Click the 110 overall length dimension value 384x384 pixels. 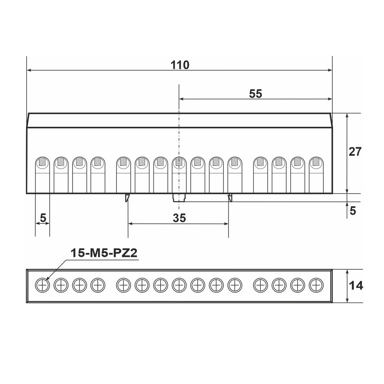point(180,65)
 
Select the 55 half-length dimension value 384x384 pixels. point(255,94)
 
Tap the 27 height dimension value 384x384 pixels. point(355,152)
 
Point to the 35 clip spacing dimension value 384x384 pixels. point(179,218)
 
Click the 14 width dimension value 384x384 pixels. point(356,286)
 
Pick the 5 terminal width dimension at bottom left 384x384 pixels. point(43,217)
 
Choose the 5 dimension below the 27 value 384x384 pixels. point(353,210)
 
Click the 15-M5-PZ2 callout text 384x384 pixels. point(104,253)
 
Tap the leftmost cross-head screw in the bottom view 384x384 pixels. point(42,285)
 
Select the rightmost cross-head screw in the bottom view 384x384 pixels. point(316,285)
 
